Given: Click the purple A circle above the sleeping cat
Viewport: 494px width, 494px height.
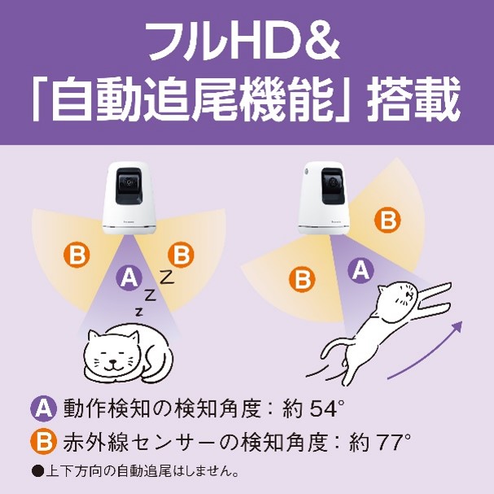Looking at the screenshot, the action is [x=129, y=278].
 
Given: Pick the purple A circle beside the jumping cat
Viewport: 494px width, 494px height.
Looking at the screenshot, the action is [x=361, y=269].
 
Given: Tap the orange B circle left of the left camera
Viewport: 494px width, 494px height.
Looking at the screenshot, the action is [x=77, y=254].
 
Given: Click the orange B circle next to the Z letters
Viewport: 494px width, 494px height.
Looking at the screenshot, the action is [x=181, y=254].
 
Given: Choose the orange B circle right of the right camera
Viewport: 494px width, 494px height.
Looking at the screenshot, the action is [x=387, y=220].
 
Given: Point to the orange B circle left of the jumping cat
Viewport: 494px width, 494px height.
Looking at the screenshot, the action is [x=302, y=278].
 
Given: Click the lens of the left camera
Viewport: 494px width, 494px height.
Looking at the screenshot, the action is [x=128, y=182].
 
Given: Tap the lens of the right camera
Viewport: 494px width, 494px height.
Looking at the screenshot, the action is [x=333, y=182].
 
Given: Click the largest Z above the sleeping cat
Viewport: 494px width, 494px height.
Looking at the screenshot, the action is [x=166, y=277].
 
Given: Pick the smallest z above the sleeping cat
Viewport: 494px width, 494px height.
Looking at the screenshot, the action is [x=139, y=313].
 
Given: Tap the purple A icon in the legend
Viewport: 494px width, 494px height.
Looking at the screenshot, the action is [x=43, y=409].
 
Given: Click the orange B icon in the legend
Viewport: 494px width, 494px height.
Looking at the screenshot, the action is [x=43, y=441].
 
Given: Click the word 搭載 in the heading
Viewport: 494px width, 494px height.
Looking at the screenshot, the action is [x=413, y=98].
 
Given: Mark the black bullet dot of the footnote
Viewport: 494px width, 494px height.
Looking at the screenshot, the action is [x=37, y=472].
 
